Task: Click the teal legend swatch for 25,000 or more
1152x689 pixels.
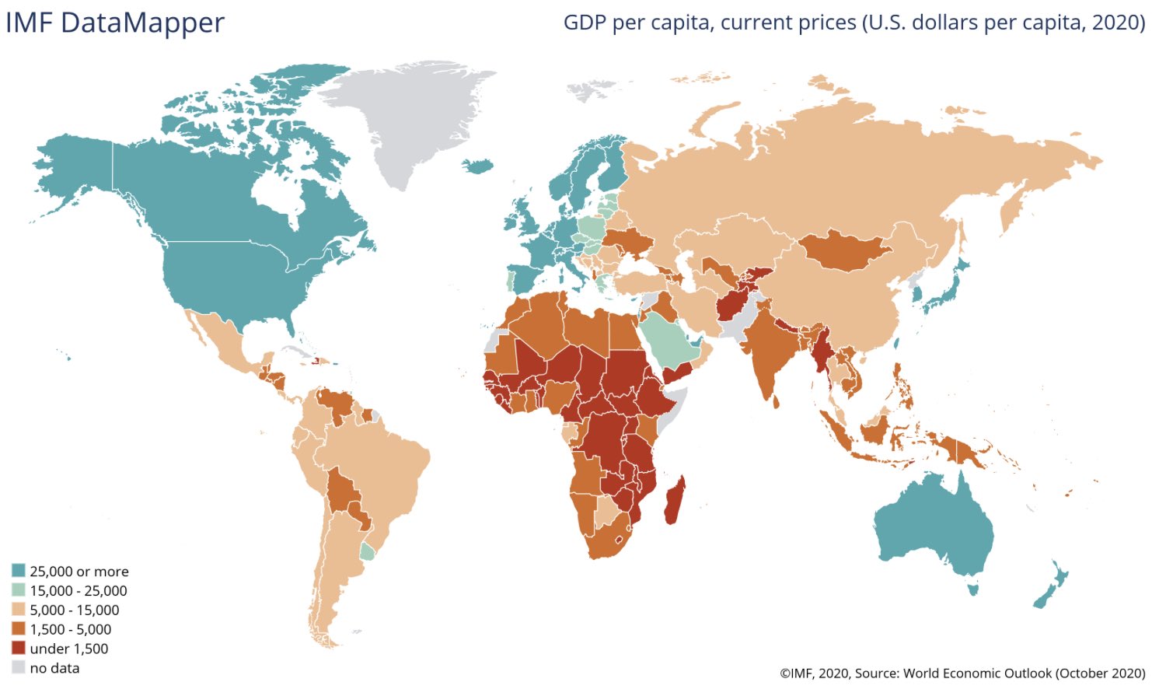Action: (19, 572)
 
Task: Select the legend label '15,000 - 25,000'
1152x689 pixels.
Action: (78, 591)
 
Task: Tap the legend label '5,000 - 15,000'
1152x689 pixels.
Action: (74, 610)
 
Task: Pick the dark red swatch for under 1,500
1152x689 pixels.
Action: (19, 649)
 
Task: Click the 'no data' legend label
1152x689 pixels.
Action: (54, 668)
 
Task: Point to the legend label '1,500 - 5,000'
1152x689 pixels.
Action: (70, 630)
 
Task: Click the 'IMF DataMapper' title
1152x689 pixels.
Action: (115, 23)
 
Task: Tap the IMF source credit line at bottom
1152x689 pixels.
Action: (962, 673)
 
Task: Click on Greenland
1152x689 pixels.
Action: (404, 117)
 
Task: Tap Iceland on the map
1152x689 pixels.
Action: (477, 166)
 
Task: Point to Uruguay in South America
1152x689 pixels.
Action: (368, 551)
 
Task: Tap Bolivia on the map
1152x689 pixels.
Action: (340, 490)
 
